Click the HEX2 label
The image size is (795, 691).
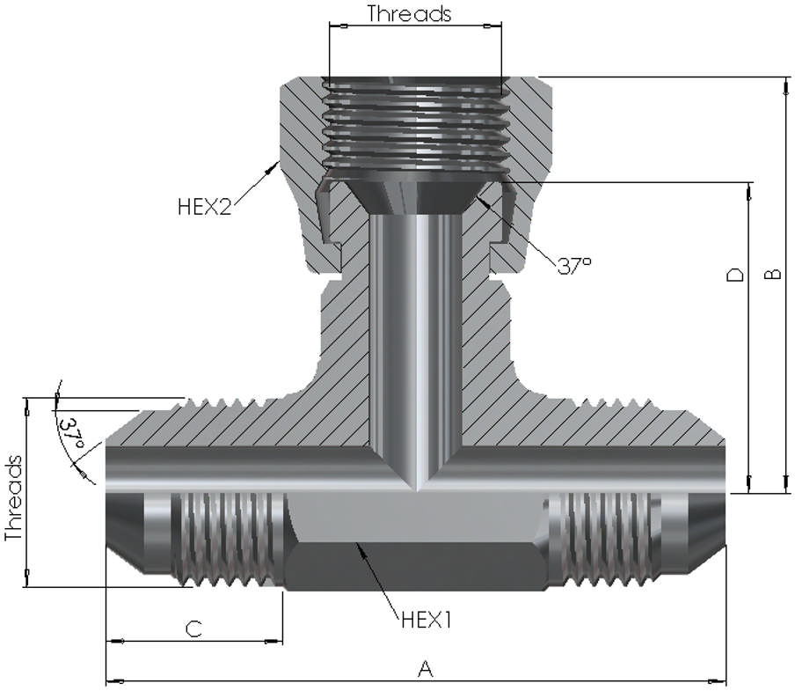point(204,208)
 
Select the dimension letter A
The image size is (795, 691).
point(426,670)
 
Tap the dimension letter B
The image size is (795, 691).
point(772,275)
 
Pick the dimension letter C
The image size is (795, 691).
point(194,629)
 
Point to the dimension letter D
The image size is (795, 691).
point(735,275)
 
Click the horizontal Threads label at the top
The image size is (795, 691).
point(409,13)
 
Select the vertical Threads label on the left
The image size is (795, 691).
point(13,498)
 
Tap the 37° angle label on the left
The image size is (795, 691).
point(72,434)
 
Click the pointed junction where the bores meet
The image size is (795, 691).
point(414,487)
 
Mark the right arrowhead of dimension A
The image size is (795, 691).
point(725,680)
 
